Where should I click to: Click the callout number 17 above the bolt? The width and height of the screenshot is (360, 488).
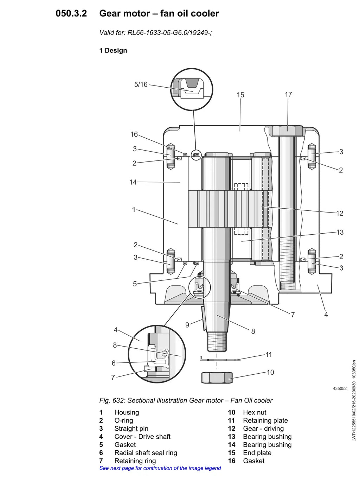pos(288,94)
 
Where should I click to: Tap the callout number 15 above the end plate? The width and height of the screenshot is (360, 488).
pos(240,95)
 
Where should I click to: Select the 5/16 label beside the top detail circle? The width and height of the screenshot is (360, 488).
pos(141,84)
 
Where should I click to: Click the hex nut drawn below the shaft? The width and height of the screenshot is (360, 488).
pos(217,378)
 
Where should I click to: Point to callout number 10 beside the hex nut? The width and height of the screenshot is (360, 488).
pos(270,372)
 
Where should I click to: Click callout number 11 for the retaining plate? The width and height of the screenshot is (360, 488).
pos(269,354)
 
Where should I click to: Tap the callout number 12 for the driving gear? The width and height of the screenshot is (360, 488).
pos(340,213)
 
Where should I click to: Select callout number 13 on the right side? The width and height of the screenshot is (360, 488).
pos(340,232)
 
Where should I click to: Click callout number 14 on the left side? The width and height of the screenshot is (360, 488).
pos(133,182)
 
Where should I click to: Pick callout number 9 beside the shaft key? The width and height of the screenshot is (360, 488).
pos(187,325)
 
